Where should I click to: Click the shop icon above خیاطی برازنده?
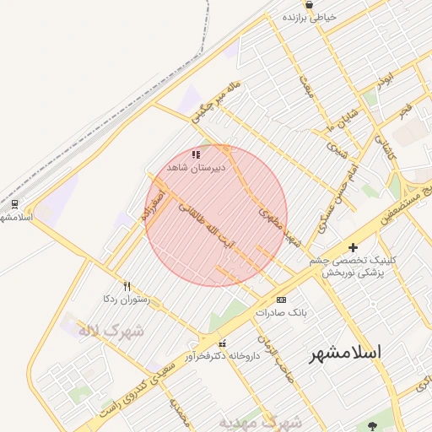point(310,5)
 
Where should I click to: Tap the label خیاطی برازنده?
point(310,17)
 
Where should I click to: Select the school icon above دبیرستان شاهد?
point(196,155)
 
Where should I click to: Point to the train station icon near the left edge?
point(14,204)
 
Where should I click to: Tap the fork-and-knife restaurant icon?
point(127,286)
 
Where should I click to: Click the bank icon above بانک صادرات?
point(281,300)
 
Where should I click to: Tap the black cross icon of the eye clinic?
point(353,247)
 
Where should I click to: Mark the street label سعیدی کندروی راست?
point(140,387)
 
